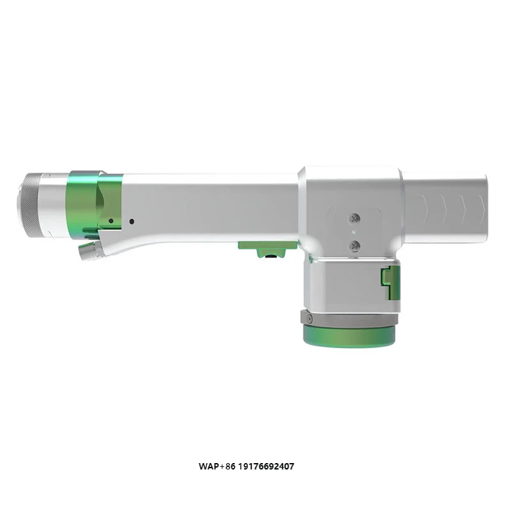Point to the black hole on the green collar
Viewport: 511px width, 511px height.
click(x=111, y=221)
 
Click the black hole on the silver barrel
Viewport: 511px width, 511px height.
click(x=132, y=222)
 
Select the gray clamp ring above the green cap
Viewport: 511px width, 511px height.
click(x=348, y=317)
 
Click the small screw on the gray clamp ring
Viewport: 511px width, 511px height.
click(x=308, y=318)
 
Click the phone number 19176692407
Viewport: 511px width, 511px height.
click(x=268, y=466)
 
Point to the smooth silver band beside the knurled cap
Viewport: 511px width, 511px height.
click(x=52, y=203)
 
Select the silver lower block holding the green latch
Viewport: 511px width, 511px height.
click(x=345, y=284)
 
